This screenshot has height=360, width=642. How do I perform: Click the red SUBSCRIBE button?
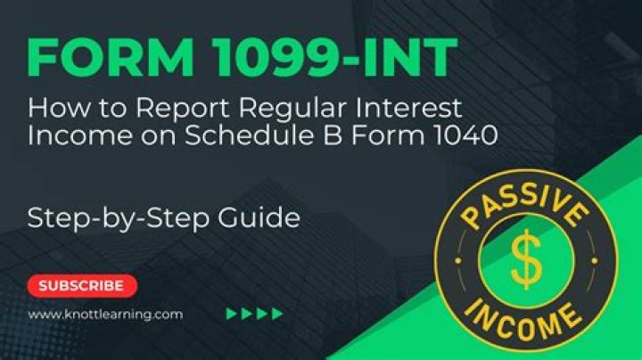tap(81, 286)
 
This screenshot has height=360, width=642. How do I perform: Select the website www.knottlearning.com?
tap(105, 314)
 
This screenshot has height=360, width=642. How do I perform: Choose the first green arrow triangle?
tap(231, 314)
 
